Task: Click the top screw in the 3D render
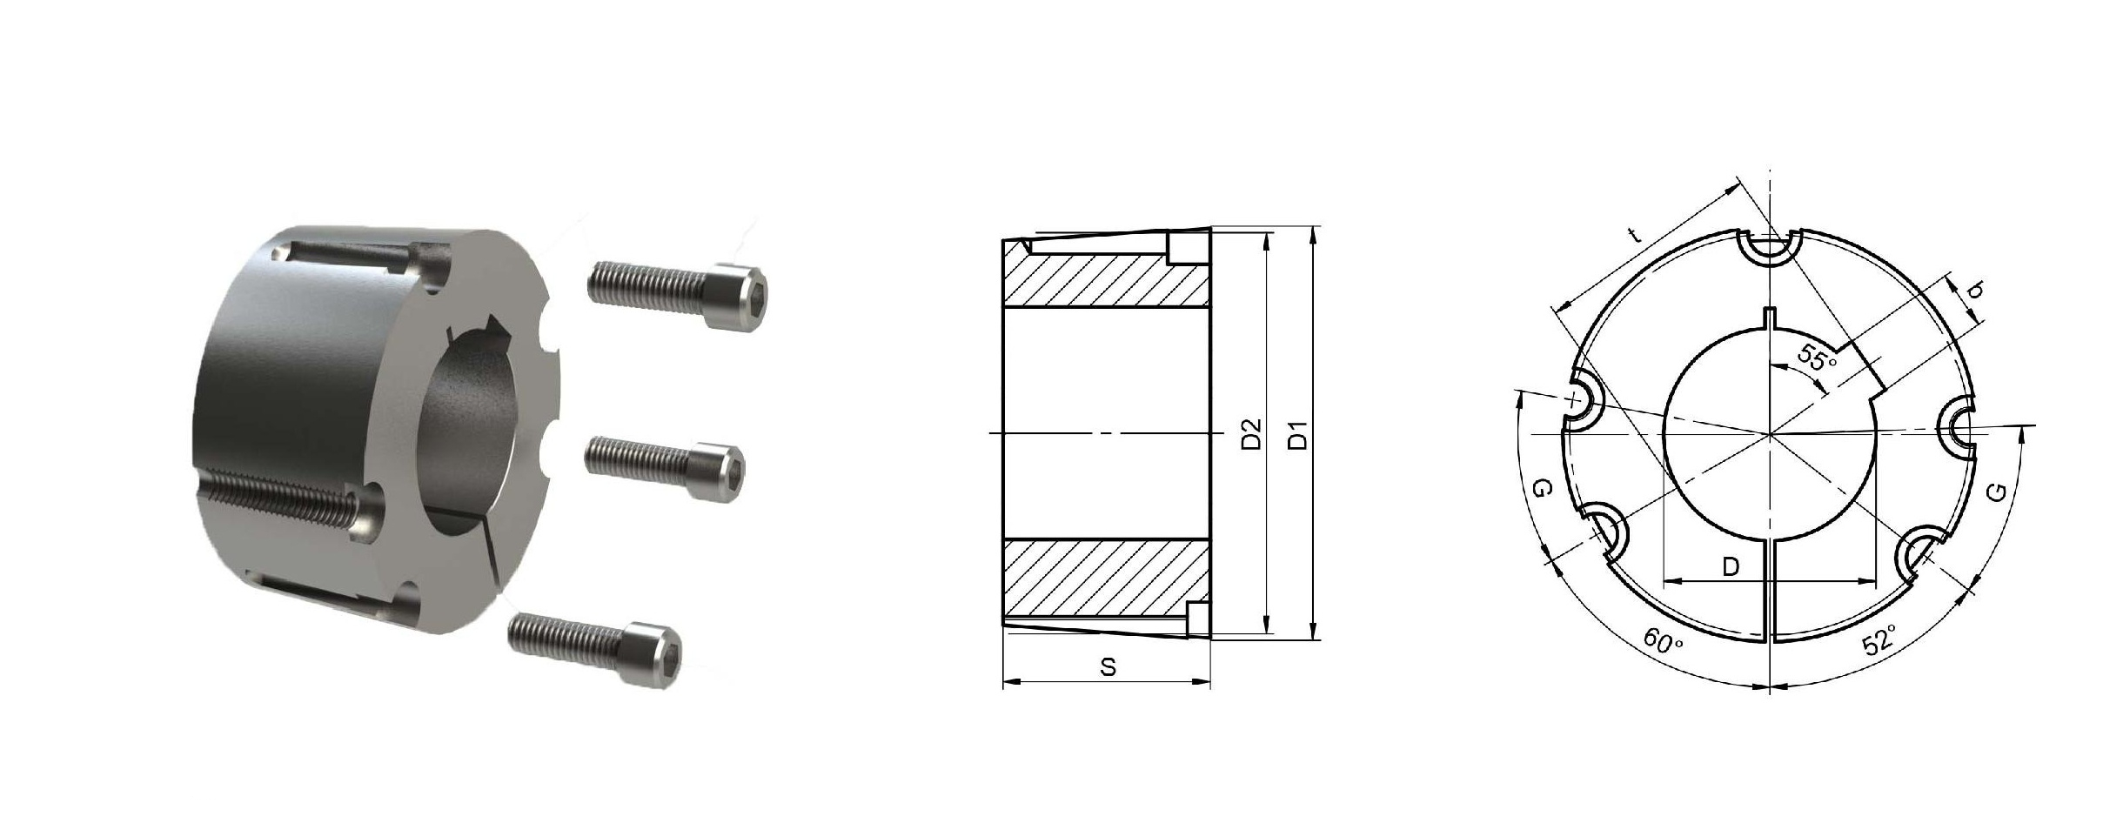(678, 295)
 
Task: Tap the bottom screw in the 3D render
(596, 649)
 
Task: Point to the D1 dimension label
(1297, 434)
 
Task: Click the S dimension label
(1108, 667)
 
